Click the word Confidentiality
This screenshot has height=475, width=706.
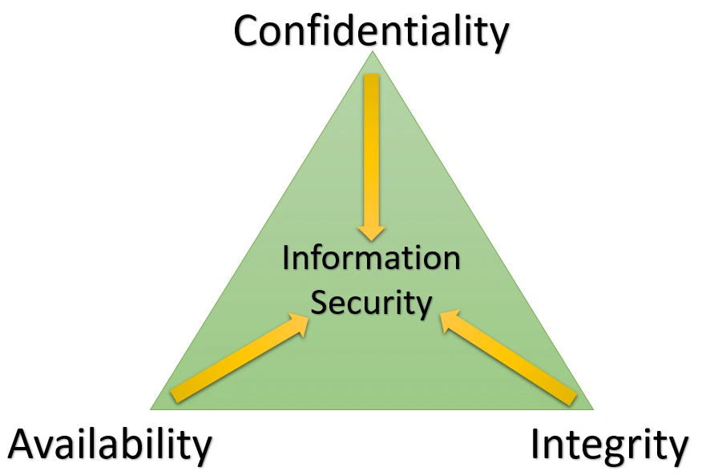[372, 30]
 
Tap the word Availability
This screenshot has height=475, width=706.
[110, 445]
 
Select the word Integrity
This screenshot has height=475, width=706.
[610, 445]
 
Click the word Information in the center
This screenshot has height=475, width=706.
[372, 258]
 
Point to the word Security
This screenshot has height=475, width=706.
[372, 303]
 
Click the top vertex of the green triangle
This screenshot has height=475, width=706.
[373, 51]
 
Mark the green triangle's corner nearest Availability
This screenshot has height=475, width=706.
[151, 409]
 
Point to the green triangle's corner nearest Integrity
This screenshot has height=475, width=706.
[594, 409]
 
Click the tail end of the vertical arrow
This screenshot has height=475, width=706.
[372, 74]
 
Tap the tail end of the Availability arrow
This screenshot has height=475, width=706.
[175, 396]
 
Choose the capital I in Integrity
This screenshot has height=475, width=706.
[535, 444]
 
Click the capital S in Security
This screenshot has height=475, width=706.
[319, 302]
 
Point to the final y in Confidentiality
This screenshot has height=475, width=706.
[499, 35]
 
